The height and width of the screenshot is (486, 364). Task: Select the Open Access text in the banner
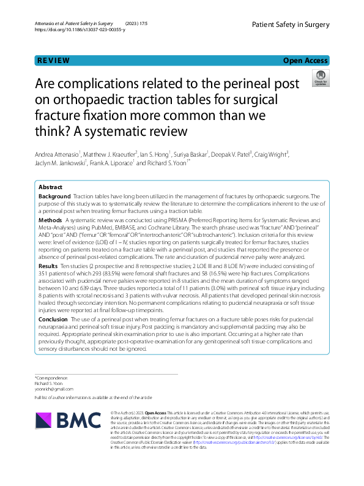tap(305, 61)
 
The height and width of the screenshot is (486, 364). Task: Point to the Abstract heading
tap(50, 186)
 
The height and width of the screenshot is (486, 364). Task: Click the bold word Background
tap(54, 196)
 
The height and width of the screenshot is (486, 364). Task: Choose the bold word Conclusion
tap(53, 320)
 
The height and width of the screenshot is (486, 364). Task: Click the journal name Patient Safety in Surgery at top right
tap(290, 24)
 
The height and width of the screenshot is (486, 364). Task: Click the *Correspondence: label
tap(51, 378)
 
